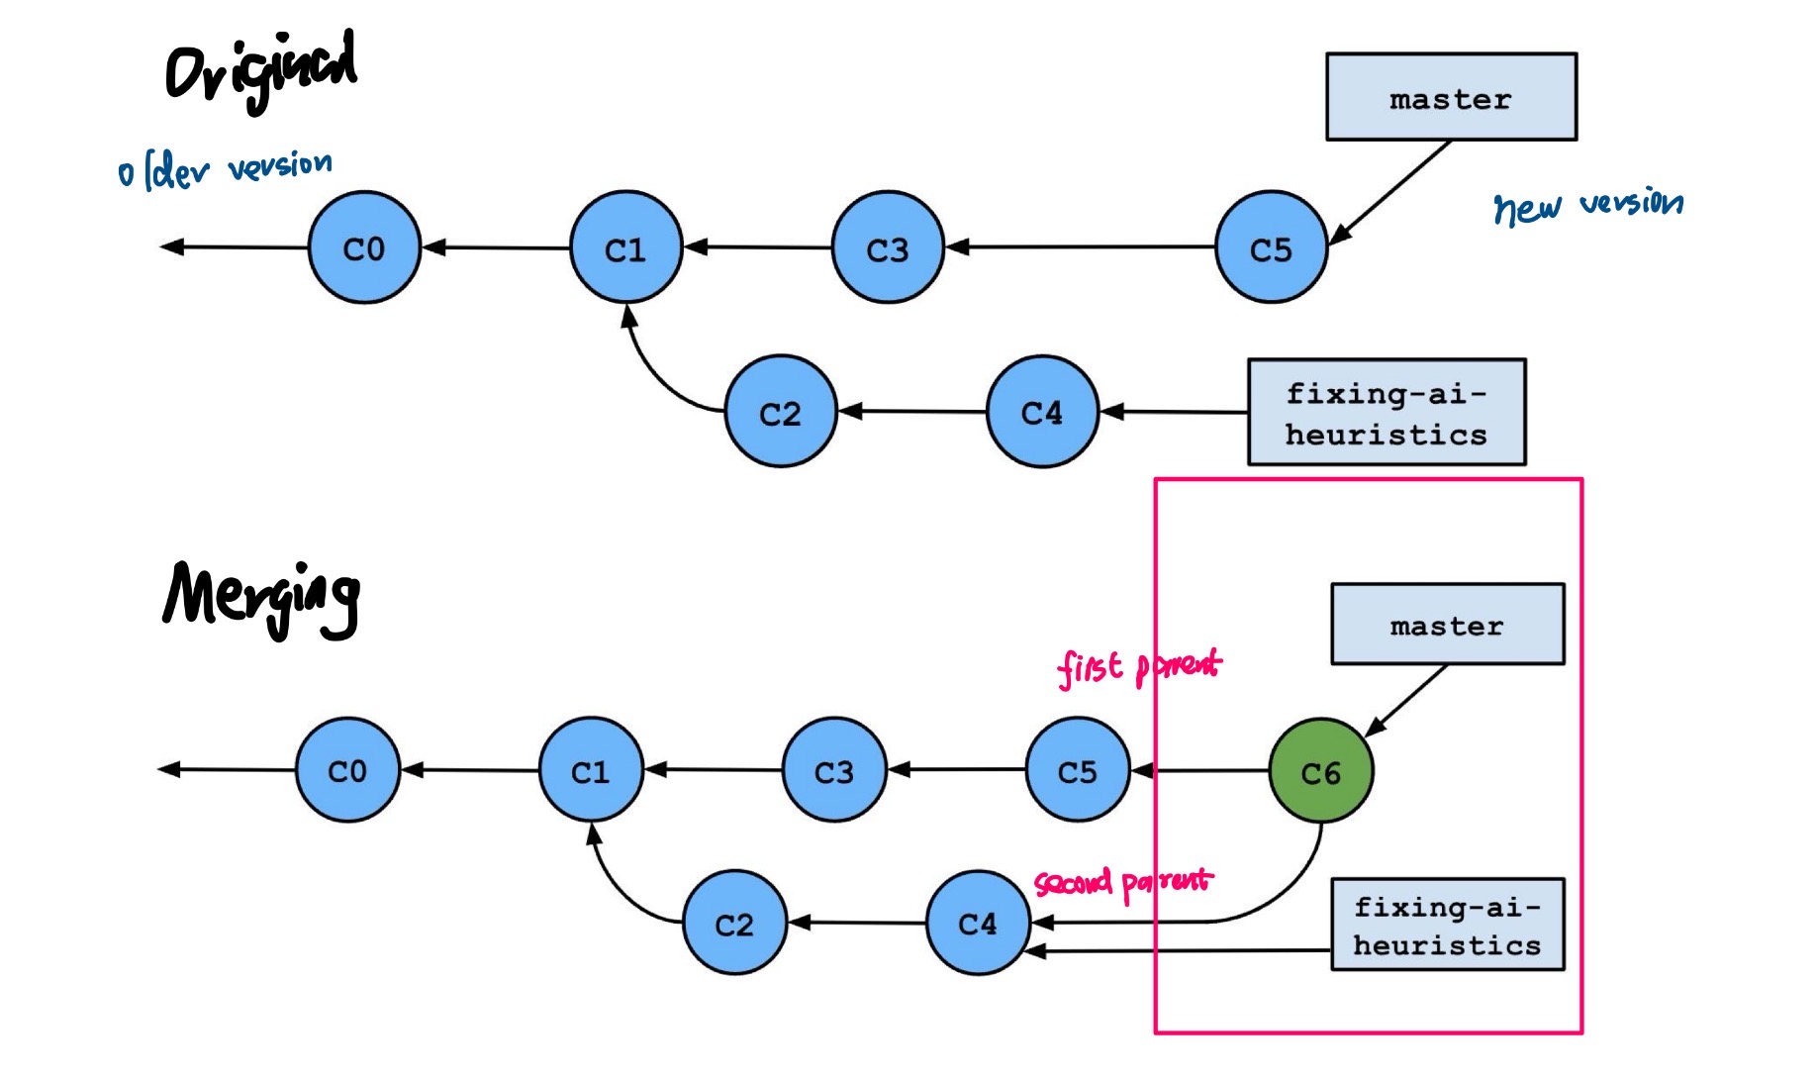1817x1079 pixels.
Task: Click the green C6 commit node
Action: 1320,771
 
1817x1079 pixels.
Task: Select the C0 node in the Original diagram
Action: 364,247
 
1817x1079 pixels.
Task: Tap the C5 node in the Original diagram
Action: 1271,247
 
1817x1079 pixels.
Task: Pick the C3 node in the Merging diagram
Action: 833,770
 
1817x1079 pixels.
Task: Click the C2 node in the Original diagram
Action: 780,412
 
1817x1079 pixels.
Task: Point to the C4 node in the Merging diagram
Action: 978,923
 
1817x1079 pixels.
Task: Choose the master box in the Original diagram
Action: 1451,97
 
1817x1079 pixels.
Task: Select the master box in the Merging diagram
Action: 1447,625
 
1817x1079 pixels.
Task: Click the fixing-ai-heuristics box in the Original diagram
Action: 1386,413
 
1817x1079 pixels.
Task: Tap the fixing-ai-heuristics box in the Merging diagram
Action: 1447,925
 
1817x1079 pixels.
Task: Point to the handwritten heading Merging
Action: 261,597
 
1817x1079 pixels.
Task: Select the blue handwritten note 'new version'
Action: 1587,205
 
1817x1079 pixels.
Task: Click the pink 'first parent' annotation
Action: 1138,666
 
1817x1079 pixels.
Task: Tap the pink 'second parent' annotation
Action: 1122,881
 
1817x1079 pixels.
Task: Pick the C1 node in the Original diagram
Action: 625,247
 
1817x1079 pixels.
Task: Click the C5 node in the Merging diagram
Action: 1077,770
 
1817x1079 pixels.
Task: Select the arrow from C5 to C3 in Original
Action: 1079,246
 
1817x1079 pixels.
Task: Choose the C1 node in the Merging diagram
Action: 591,770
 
